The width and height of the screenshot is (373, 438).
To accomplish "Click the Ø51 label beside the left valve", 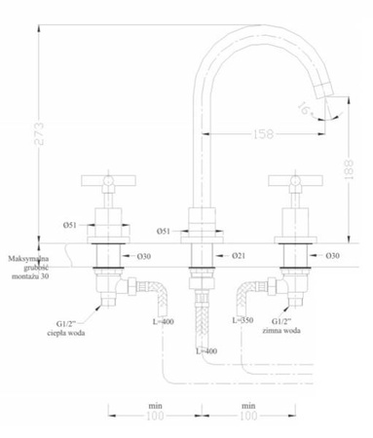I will pyautogui.click(x=70, y=224).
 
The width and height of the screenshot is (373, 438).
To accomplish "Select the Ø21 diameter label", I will pyautogui.click(x=237, y=255).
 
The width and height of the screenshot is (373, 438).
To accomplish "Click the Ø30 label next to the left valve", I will pyautogui.click(x=141, y=256).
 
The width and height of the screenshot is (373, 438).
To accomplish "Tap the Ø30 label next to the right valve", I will pyautogui.click(x=332, y=255).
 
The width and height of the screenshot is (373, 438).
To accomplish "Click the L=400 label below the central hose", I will pyautogui.click(x=206, y=350).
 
